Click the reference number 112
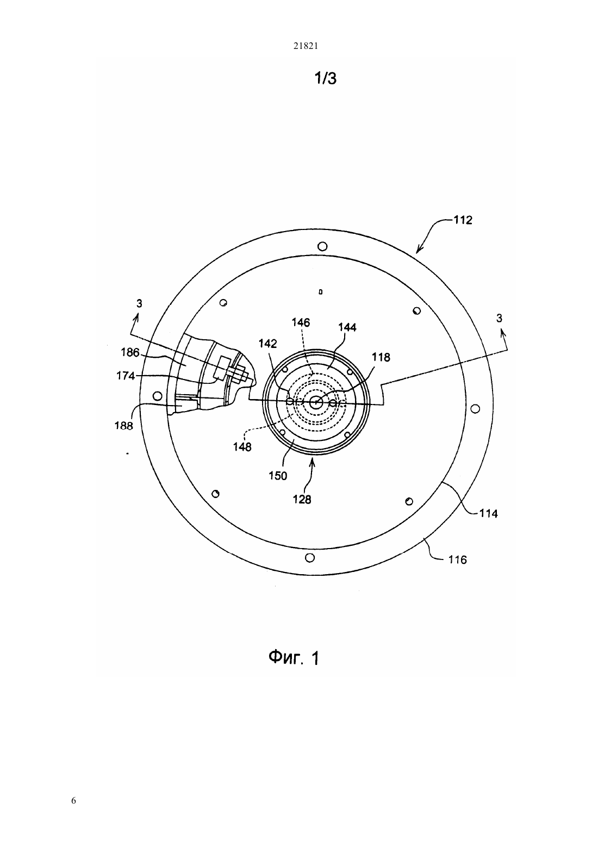(463, 220)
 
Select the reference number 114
(489, 513)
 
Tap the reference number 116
(458, 559)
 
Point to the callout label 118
(381, 357)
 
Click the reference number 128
(302, 500)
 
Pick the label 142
(267, 343)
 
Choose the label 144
(347, 327)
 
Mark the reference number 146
(301, 322)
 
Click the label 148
(242, 447)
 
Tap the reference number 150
(278, 476)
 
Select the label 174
(126, 376)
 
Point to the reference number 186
(130, 352)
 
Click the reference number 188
(124, 426)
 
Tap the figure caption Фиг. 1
(294, 658)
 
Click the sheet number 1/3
(326, 78)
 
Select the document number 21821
(306, 46)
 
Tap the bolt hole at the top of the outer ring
(322, 247)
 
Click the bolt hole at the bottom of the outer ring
(309, 558)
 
